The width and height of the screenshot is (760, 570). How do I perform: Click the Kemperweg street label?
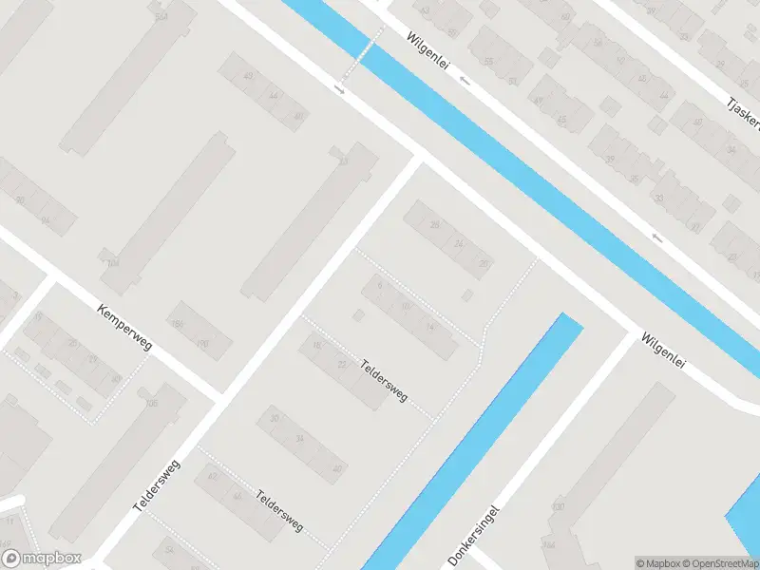(124, 328)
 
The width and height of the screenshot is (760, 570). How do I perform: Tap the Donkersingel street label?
(474, 536)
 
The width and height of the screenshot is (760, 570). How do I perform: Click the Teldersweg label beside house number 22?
(385, 379)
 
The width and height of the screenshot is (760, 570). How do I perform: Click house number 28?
(435, 225)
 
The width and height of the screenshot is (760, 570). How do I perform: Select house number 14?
(429, 328)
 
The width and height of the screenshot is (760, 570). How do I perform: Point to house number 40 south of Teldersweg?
(336, 468)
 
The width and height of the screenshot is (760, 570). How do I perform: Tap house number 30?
(275, 418)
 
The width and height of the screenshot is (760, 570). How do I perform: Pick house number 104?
(113, 263)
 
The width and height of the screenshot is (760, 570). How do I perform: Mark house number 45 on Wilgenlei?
(561, 121)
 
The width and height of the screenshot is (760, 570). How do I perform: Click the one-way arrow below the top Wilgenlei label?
(465, 81)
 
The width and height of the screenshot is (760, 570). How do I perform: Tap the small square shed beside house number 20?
(466, 296)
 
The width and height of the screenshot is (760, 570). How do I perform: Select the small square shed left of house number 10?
(358, 314)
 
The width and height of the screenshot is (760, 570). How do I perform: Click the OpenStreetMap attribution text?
(720, 563)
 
